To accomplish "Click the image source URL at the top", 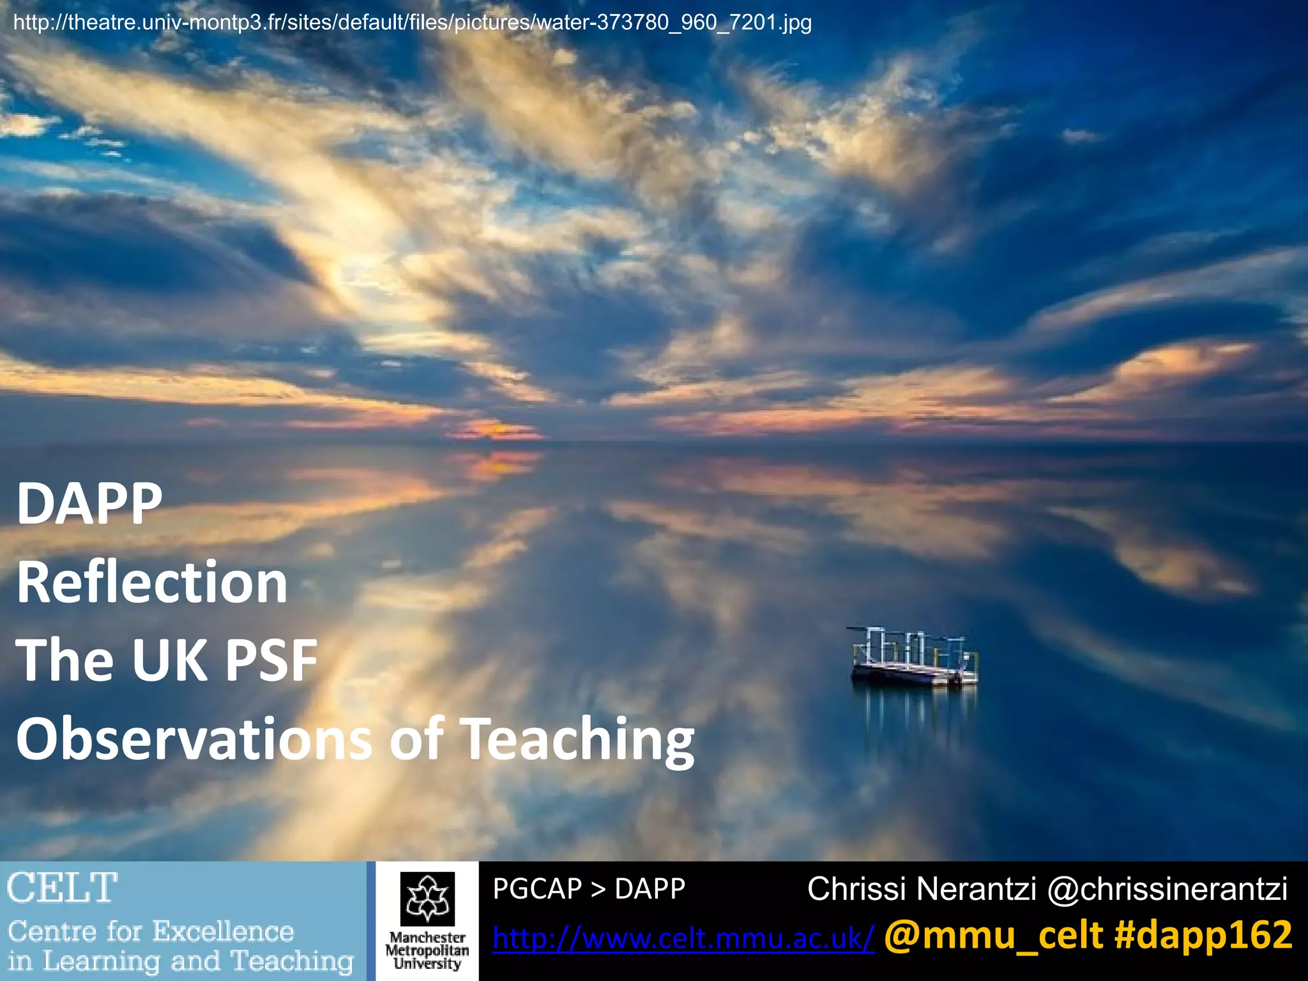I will click(412, 23).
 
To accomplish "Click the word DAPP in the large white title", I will click(89, 504).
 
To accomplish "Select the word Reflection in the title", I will click(152, 582).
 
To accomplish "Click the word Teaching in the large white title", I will click(577, 740).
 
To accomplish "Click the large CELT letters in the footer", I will click(62, 888).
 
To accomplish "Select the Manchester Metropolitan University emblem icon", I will click(427, 899).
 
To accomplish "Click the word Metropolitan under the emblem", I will click(427, 951).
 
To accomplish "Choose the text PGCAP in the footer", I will click(537, 888).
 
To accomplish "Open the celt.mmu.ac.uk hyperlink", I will click(683, 938).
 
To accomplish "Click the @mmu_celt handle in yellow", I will click(993, 936).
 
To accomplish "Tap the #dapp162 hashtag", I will click(1203, 936).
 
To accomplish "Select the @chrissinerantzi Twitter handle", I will click(1167, 889).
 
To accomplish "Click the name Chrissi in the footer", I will click(856, 889).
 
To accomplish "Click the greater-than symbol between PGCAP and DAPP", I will click(598, 889).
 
